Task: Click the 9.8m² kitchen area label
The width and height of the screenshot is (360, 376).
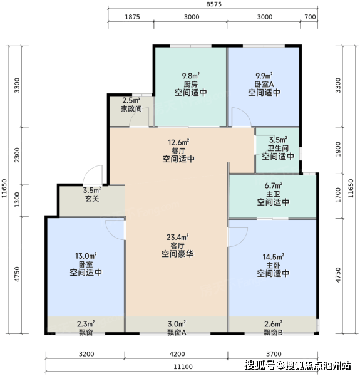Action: (191, 76)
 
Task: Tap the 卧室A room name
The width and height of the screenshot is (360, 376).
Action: (264, 85)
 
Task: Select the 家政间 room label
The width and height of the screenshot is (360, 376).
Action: (131, 109)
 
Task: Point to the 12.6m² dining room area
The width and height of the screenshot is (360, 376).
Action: (178, 142)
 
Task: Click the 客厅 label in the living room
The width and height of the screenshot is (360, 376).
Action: (177, 246)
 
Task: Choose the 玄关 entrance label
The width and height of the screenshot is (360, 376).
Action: (92, 199)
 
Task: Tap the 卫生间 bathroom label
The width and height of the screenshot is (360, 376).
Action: (278, 148)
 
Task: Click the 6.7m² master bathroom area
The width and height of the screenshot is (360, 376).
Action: (274, 185)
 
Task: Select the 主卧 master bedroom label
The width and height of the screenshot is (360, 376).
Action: (273, 265)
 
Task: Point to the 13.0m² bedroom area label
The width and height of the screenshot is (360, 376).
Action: (86, 256)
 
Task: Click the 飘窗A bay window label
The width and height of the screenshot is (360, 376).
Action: (177, 332)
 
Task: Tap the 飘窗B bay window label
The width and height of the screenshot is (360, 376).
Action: (274, 332)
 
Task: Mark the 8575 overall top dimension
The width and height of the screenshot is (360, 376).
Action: (214, 4)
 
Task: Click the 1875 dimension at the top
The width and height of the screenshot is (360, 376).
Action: (132, 17)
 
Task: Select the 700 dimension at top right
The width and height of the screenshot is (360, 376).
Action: (310, 17)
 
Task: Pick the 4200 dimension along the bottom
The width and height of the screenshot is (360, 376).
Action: (177, 354)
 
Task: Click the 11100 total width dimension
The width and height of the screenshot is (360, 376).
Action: (183, 367)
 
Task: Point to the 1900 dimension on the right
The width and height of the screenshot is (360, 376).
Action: (337, 149)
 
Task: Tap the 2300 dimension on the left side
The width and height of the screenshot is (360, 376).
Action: (17, 155)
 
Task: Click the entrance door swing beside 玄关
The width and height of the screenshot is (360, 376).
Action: (93, 175)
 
